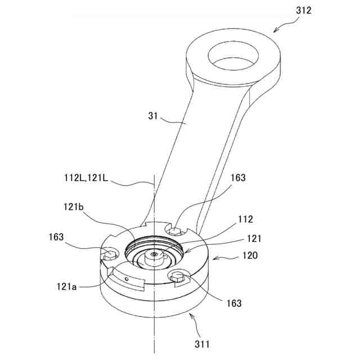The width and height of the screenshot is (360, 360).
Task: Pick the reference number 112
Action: pyautogui.click(x=246, y=219)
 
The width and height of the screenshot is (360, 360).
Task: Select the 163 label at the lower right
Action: pyautogui.click(x=234, y=303)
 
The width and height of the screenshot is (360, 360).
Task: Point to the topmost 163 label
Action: pyautogui.click(x=238, y=178)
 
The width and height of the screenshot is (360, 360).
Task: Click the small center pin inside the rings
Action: pyautogui.click(x=154, y=256)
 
